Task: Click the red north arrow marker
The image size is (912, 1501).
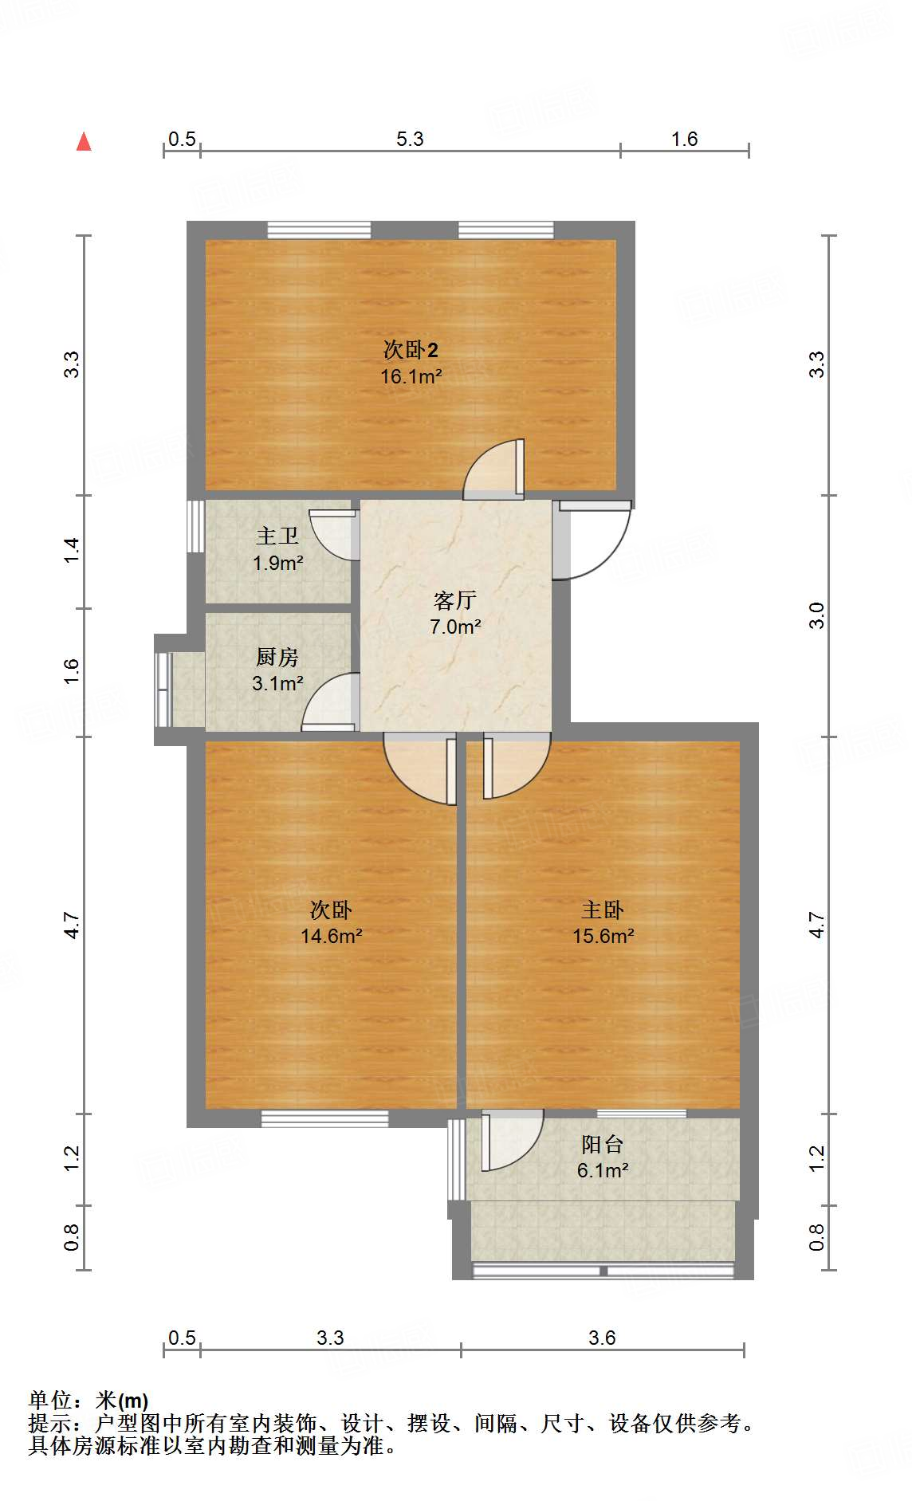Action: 84,142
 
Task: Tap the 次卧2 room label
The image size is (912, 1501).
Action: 411,350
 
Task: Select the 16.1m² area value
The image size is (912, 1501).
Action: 411,376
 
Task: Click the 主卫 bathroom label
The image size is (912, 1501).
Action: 277,536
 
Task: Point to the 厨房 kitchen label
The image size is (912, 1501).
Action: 277,657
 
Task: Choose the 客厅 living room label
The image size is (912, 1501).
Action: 455,600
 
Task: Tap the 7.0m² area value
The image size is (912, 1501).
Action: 455,627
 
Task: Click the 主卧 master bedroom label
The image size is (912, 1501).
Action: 603,910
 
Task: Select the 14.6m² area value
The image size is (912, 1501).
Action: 331,937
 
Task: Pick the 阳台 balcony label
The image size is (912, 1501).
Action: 602,1145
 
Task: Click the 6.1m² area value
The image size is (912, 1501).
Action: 602,1171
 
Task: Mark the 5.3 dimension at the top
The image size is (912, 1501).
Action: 410,139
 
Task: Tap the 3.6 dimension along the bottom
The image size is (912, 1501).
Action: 602,1338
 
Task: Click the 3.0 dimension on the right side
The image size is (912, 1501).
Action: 816,615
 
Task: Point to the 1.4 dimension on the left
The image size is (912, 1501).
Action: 72,551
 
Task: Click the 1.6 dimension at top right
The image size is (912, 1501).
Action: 684,139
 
